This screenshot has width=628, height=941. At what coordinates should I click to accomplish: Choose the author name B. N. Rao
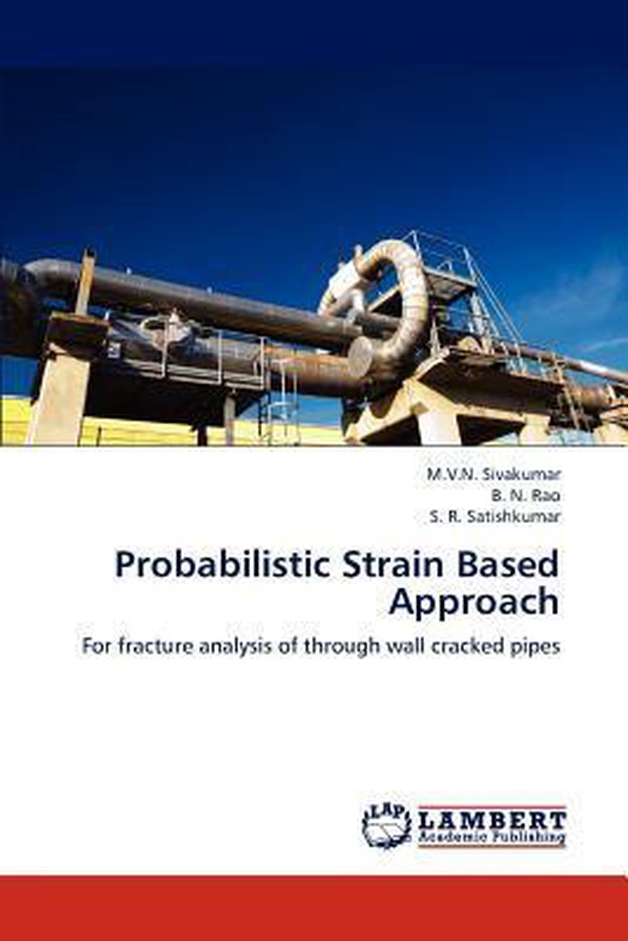click(526, 496)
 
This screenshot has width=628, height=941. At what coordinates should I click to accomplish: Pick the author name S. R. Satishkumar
click(495, 518)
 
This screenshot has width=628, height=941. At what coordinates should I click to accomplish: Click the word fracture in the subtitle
click(154, 648)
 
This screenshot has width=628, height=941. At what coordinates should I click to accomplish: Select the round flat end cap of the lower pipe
click(360, 357)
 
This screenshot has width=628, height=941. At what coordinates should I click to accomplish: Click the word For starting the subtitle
click(98, 649)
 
